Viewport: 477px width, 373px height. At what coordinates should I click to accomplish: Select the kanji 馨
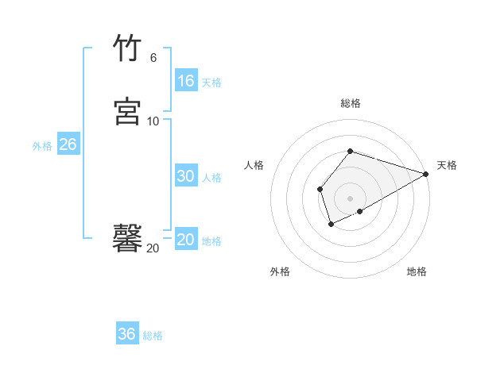pos(127,237)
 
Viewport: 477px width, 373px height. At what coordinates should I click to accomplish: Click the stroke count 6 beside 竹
pos(153,58)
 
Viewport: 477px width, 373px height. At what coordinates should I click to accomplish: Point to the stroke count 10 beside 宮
pos(153,121)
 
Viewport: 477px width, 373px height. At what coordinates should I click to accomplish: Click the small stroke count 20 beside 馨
pos(153,248)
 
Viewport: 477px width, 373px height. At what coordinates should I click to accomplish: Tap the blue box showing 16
pos(186,81)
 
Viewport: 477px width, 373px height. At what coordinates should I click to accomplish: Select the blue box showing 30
pos(186,176)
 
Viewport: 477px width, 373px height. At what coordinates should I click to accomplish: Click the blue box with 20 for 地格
pos(186,240)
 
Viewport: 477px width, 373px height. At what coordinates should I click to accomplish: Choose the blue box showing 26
pos(68,144)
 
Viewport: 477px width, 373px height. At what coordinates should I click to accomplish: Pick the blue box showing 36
pos(127,334)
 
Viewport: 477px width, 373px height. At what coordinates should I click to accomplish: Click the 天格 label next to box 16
pos(211,83)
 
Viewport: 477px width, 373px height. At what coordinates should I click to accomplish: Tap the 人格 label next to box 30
pos(211,178)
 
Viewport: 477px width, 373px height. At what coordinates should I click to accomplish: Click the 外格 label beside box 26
pos(42,146)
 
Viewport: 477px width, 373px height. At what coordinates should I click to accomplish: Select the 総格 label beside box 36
pos(153,336)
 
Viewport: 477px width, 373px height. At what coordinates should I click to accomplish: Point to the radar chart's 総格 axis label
pos(351,103)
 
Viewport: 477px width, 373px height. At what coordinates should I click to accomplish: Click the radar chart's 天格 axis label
pos(447,165)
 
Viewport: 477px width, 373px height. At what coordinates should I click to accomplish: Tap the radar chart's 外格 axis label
pos(280,271)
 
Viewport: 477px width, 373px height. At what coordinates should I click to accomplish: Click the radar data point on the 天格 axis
pos(426,174)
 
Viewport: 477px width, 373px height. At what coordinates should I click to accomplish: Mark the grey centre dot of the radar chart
pos(351,198)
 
